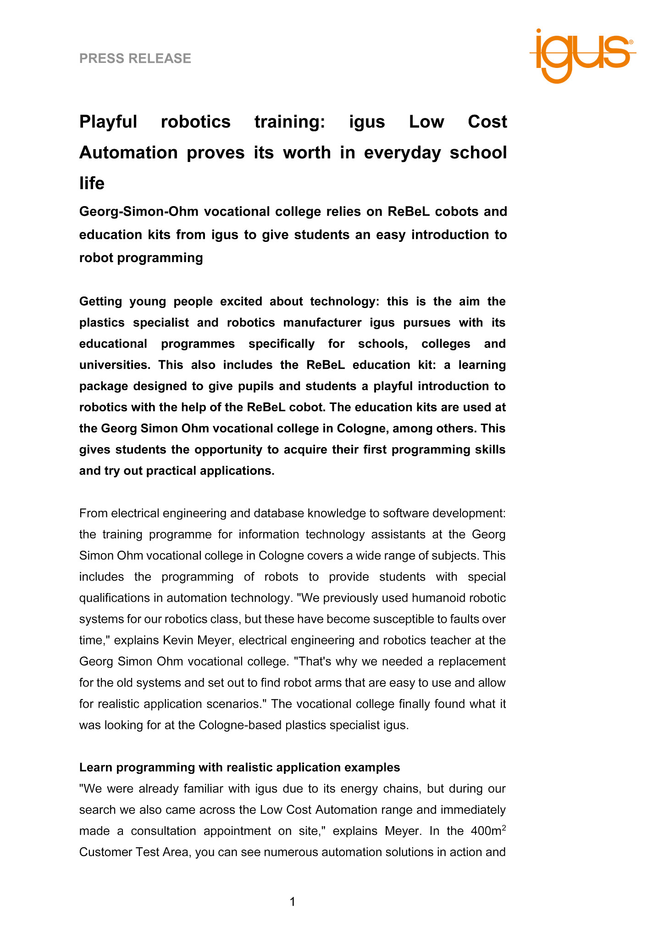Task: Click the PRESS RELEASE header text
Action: [x=135, y=58]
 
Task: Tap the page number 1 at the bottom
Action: [x=293, y=902]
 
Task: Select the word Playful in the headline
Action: [x=108, y=122]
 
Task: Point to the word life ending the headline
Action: [x=92, y=183]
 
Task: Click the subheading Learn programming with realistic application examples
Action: [x=239, y=767]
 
